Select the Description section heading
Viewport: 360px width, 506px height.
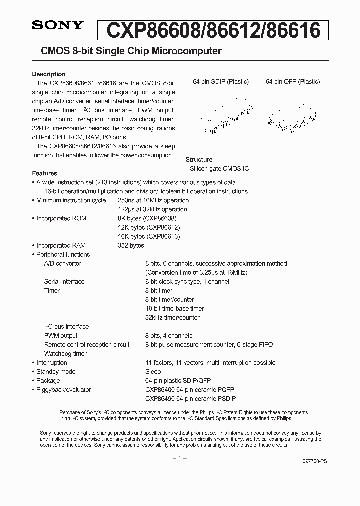click(49, 74)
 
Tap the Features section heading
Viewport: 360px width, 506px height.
click(44, 173)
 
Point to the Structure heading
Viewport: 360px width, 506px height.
click(199, 160)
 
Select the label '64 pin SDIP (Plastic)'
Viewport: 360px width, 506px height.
click(221, 82)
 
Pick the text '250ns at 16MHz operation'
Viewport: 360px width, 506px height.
click(152, 200)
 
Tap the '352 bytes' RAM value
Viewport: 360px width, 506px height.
click(131, 245)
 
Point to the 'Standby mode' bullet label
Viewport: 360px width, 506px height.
click(56, 372)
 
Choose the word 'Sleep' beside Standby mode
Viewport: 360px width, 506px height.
click(153, 372)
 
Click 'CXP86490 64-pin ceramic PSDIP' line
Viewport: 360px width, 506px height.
click(190, 399)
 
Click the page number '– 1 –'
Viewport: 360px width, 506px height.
click(179, 458)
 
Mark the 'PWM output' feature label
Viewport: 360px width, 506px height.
click(61, 336)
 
